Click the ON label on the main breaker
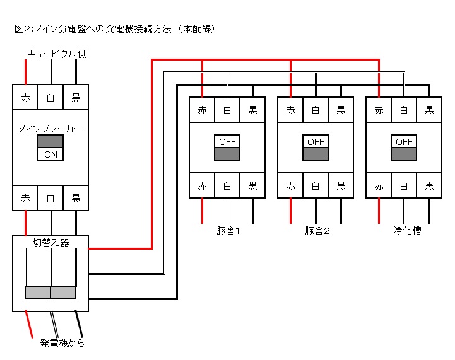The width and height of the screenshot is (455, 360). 50,154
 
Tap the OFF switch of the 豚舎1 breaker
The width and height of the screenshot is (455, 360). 227,148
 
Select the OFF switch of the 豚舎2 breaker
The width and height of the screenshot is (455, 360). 316,148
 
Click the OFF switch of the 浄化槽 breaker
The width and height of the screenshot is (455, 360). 404,148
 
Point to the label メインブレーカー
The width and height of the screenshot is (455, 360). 50,129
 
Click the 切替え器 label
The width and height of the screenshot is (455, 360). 50,243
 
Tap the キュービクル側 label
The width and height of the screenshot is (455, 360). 57,54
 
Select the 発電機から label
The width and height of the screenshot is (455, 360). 62,343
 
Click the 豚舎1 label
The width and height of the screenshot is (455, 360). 228,231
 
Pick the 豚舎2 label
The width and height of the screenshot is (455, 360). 317,231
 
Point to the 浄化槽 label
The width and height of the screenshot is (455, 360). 407,231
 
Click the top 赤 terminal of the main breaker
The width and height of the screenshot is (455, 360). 25,97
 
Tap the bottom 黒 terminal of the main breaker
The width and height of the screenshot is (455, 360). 76,198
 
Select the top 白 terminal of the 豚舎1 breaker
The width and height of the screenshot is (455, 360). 227,110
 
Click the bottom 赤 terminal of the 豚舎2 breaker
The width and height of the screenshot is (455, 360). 290,185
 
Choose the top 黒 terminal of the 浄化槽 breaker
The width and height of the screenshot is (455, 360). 429,110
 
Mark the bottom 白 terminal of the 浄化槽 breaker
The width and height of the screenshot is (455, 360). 404,185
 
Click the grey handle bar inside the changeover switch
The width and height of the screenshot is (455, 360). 50,293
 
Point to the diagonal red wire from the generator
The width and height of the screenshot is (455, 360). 29,324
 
